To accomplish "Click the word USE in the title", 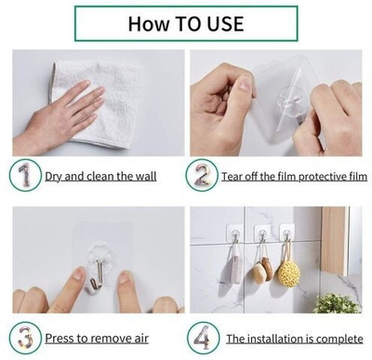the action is click(x=225, y=23).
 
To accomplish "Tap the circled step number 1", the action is click(x=25, y=175).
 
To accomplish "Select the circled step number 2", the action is click(x=202, y=175).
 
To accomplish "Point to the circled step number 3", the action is click(x=25, y=338).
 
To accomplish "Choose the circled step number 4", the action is click(x=203, y=338).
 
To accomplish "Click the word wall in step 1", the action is click(x=146, y=177).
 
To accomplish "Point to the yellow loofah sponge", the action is click(x=289, y=273).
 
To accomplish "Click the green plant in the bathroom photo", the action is click(x=337, y=303).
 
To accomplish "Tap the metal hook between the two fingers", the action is click(x=98, y=275).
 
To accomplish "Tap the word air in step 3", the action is click(x=141, y=338).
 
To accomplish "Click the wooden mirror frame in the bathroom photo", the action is click(x=334, y=241).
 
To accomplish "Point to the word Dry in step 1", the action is click(x=54, y=177).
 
